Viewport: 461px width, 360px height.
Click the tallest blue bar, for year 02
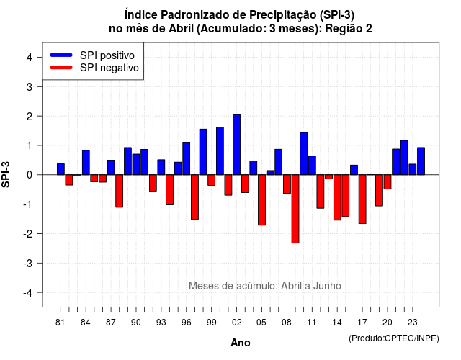click(x=236, y=145)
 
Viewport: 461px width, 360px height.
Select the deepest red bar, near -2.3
click(x=295, y=209)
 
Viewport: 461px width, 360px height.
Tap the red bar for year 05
click(x=261, y=200)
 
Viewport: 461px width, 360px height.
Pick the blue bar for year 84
click(x=86, y=163)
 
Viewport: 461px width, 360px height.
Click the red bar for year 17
click(x=362, y=199)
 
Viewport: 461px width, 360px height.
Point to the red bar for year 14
click(x=337, y=197)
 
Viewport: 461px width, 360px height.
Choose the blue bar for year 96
click(x=186, y=158)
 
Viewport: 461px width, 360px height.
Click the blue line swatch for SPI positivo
click(x=61, y=55)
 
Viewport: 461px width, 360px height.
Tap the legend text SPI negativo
click(x=109, y=68)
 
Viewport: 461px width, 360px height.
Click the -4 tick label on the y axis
click(x=29, y=293)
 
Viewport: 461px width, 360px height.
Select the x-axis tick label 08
click(x=287, y=323)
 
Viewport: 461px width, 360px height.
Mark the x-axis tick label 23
click(x=413, y=323)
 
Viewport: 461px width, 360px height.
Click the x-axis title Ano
click(x=241, y=343)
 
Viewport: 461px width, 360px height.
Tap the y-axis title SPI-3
click(x=6, y=174)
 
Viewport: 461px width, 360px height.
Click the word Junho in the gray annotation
click(x=327, y=286)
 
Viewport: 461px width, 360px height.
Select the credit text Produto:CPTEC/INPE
click(x=394, y=338)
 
